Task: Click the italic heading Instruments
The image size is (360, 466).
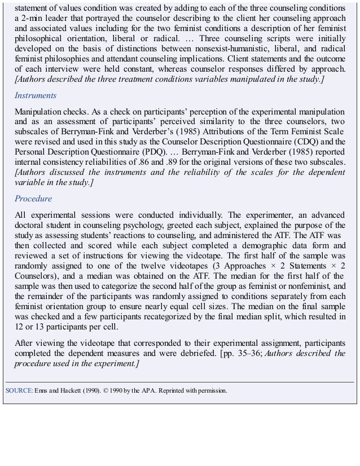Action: (x=36, y=96)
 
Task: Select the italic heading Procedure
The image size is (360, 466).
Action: (x=34, y=199)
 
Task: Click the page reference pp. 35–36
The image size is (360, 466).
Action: (x=244, y=354)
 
